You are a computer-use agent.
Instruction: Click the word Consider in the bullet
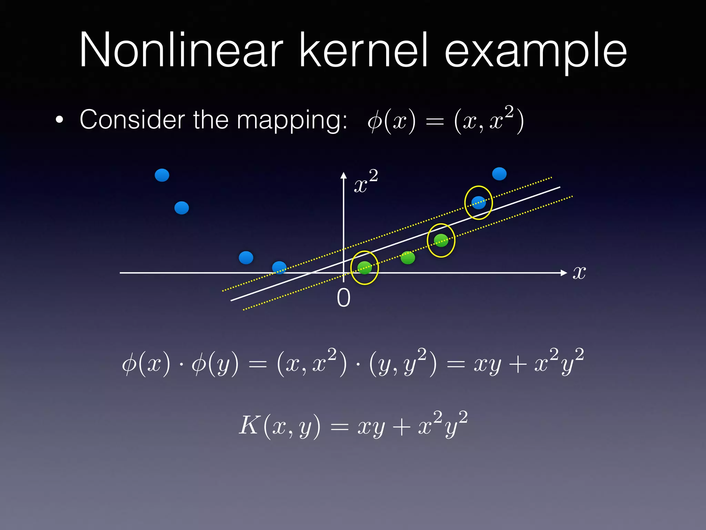pos(132,120)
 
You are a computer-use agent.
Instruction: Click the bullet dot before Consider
pos(60,120)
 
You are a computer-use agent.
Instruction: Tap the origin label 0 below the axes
pos(343,298)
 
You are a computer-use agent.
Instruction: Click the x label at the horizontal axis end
pos(579,273)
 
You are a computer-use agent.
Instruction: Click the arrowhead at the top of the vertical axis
pos(343,175)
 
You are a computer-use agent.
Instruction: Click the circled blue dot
pos(478,203)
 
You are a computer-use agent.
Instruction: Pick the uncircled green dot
pos(408,257)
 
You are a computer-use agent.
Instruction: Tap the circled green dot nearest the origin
pos(364,267)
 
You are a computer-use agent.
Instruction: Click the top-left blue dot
pos(162,175)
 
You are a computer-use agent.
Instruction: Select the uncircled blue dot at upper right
pos(499,174)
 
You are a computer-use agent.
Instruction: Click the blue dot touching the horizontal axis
pos(279,267)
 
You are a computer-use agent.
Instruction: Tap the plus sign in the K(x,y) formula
pos(401,428)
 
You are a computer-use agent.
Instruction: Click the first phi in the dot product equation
pos(129,364)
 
